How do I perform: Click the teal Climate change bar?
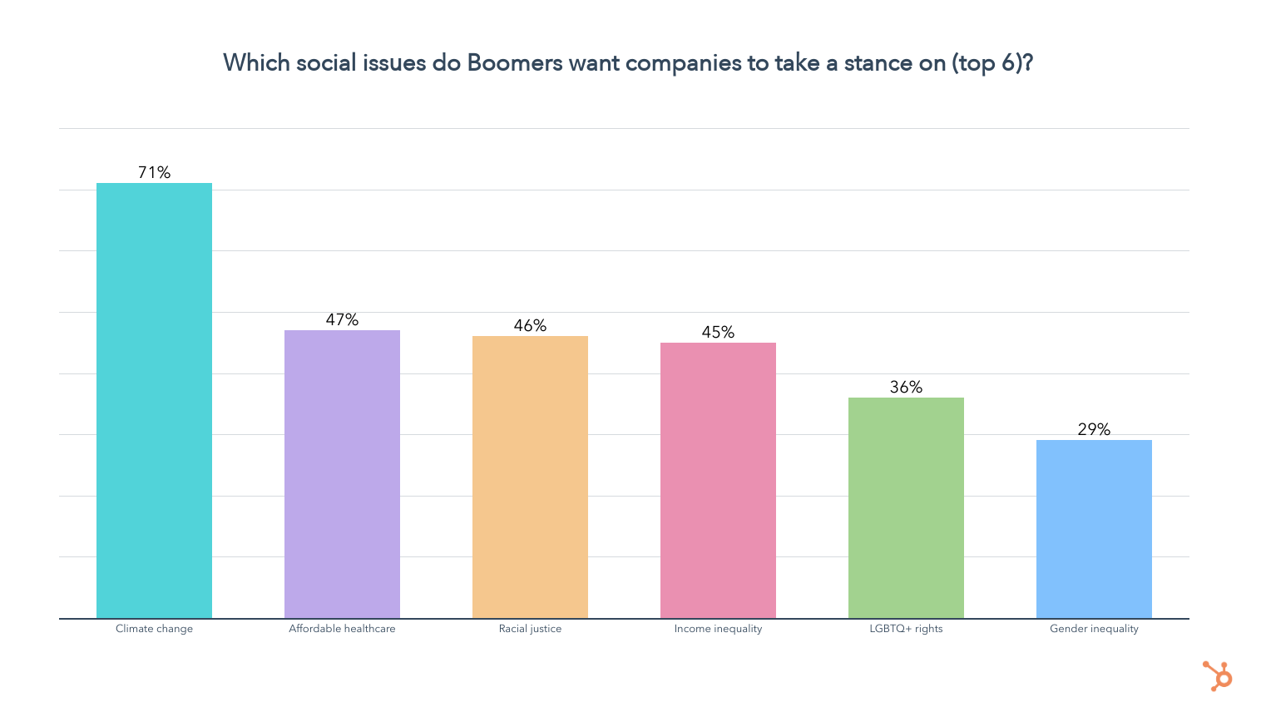pos(154,400)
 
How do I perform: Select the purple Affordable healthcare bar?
pos(342,474)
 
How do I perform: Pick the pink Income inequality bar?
pos(718,480)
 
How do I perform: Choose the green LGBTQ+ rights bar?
pos(906,507)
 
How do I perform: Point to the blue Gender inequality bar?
pos(1094,529)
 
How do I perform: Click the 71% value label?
pos(154,172)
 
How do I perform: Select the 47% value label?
pos(342,319)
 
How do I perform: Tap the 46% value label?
pos(530,325)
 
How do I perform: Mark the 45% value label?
pos(718,332)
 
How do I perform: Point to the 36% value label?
pos(906,387)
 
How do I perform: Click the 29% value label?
pos(1094,429)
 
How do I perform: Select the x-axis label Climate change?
pos(154,629)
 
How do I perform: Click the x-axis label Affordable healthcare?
pos(342,629)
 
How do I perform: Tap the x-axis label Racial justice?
pos(530,629)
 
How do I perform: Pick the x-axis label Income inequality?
pos(718,629)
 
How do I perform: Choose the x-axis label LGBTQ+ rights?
pos(906,629)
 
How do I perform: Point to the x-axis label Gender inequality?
pos(1094,629)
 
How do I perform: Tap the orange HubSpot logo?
pos(1218,675)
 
